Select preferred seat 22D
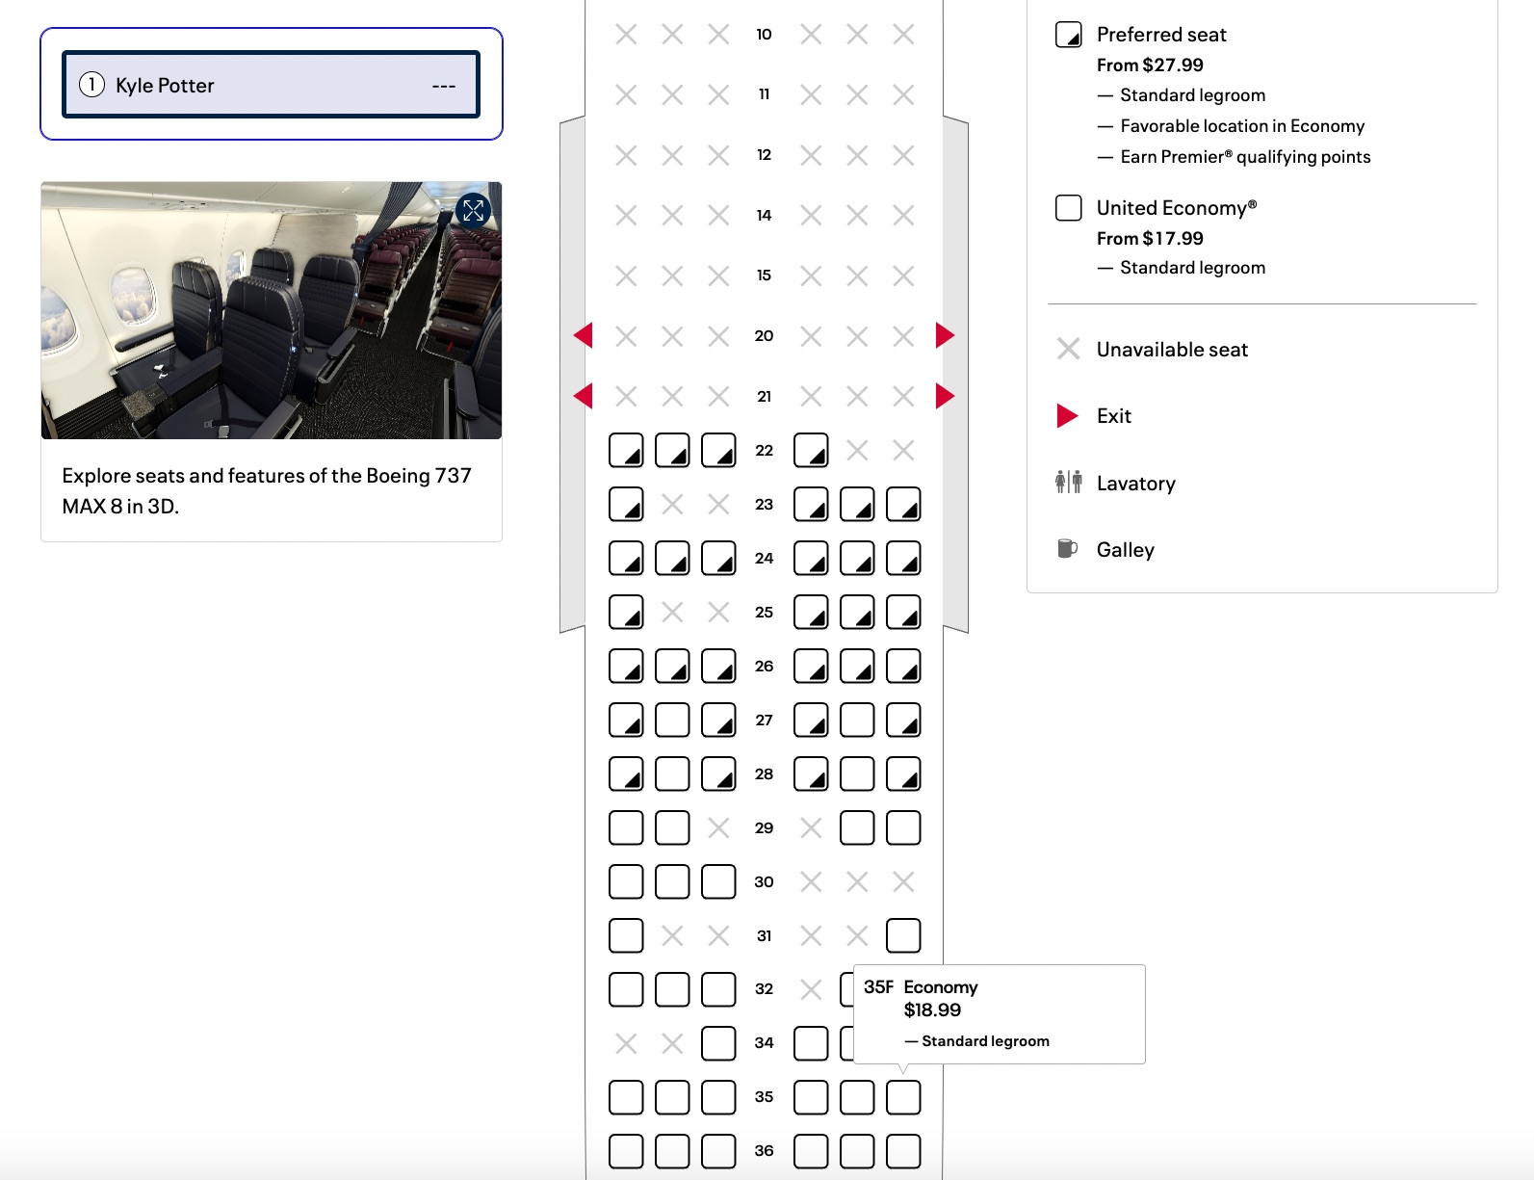[x=811, y=450]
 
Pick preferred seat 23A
[x=626, y=504]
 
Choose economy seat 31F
[x=903, y=935]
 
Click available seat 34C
[x=718, y=1043]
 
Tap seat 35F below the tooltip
[x=903, y=1097]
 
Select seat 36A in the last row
[x=626, y=1151]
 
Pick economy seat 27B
[x=672, y=720]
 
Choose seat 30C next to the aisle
[x=718, y=881]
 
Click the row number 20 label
[x=764, y=335]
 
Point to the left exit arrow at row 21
[x=583, y=396]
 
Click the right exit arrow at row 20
[x=945, y=335]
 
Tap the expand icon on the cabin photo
[x=473, y=210]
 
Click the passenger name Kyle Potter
[x=165, y=86]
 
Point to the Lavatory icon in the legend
[x=1068, y=482]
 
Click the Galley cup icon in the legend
[x=1067, y=549]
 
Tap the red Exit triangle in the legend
[x=1067, y=416]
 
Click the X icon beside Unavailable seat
[x=1068, y=349]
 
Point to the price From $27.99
[x=1150, y=66]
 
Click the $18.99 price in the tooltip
[x=932, y=1010]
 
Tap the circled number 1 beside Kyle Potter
[x=91, y=85]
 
